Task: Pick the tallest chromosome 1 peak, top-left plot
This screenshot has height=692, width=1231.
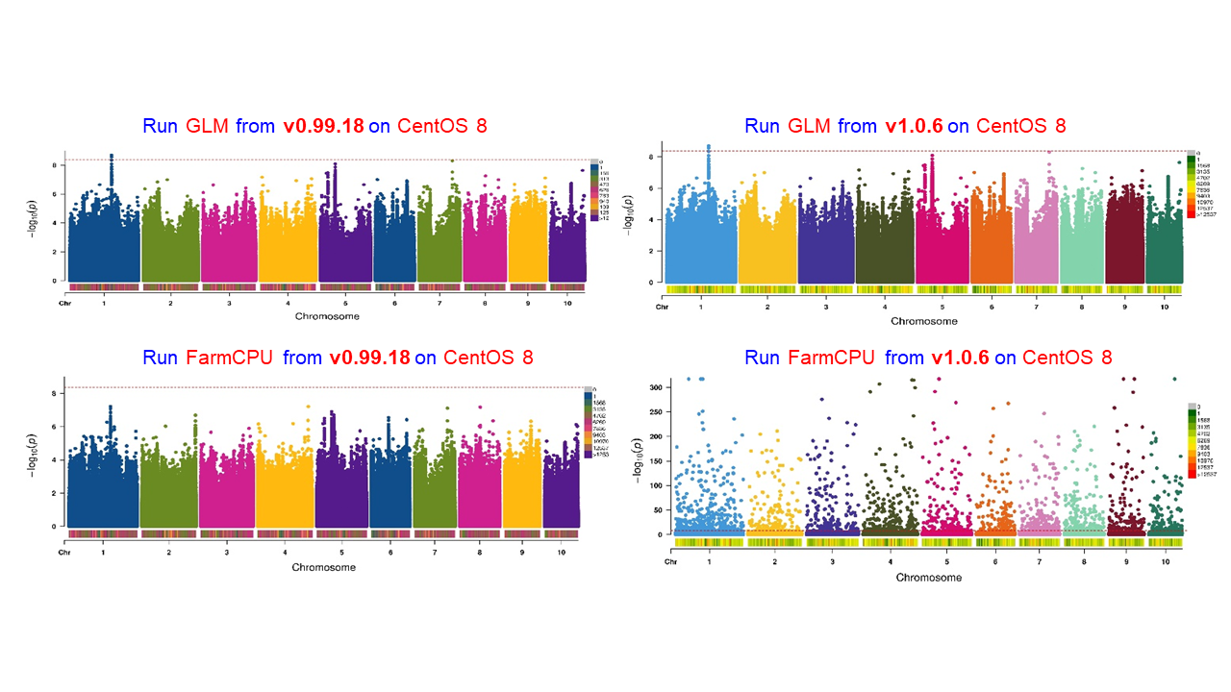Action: (x=112, y=156)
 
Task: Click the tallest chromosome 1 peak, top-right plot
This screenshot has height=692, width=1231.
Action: (x=709, y=147)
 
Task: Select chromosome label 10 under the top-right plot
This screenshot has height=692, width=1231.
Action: (x=1164, y=307)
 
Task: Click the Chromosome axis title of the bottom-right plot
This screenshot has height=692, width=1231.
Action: (x=928, y=578)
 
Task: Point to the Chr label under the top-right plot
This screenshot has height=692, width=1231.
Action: (x=662, y=307)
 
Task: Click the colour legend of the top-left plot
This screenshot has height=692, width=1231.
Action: (x=596, y=192)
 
